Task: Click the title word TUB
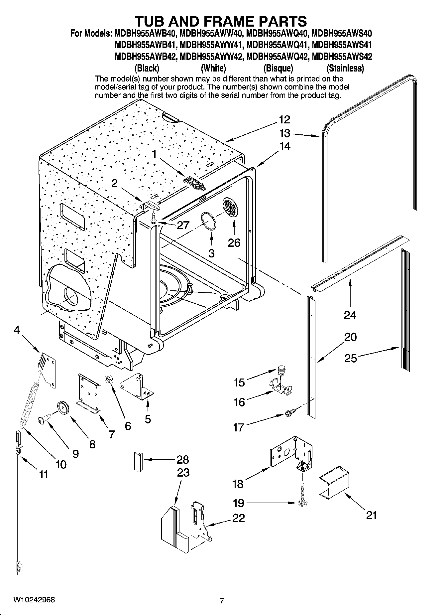(x=155, y=21)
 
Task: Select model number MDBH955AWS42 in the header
(x=342, y=57)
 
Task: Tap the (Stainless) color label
(x=345, y=69)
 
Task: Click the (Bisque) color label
(x=278, y=69)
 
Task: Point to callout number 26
(x=234, y=243)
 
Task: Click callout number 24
(x=350, y=315)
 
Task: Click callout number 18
(x=238, y=484)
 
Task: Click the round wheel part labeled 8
(x=62, y=408)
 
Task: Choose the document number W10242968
(x=34, y=600)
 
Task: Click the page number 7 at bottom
(x=222, y=601)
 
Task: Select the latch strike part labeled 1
(x=194, y=184)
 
